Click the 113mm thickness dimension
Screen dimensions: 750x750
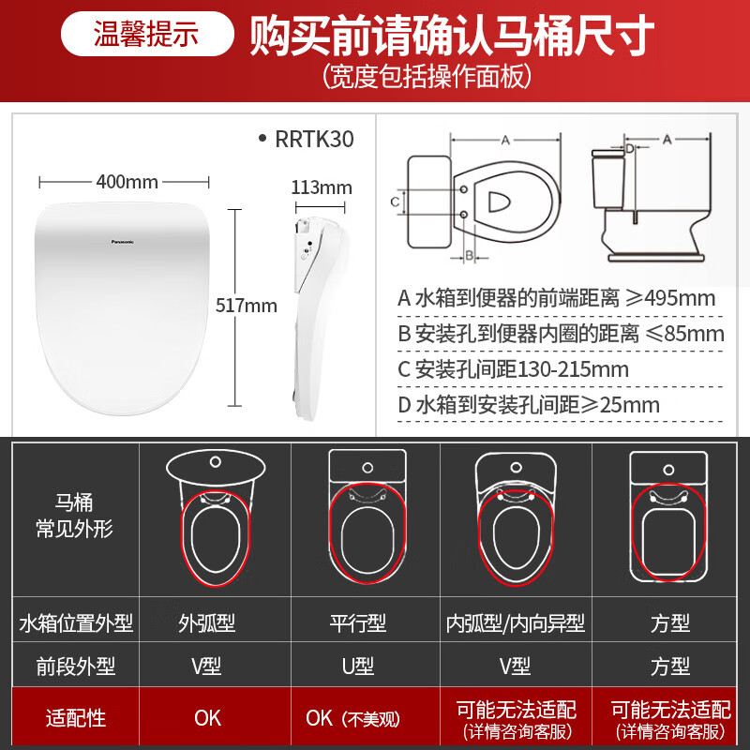[322, 187]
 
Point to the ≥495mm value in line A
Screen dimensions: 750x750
[670, 299]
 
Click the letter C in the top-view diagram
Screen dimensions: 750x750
[396, 201]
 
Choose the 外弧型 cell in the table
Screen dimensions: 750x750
[207, 623]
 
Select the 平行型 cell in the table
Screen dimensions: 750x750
[357, 623]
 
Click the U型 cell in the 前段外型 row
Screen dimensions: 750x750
[357, 667]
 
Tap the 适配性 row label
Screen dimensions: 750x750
[76, 719]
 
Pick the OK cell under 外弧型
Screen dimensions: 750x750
[207, 719]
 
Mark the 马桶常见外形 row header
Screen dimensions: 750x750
[76, 517]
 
